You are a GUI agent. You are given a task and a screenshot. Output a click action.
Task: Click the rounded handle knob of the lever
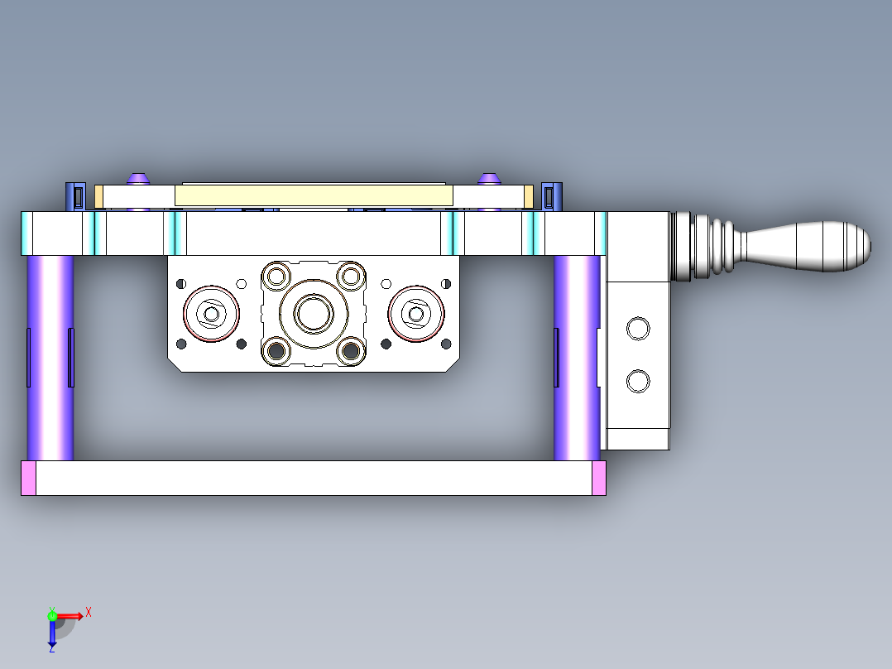tap(808, 247)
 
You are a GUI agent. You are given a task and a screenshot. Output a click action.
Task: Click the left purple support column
tap(50, 358)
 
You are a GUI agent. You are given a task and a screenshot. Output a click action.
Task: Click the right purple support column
tap(577, 358)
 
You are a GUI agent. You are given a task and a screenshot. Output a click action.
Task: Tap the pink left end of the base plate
tap(28, 479)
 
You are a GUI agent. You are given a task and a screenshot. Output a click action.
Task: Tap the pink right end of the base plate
tap(599, 479)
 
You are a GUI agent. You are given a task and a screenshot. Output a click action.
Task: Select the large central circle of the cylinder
tap(314, 314)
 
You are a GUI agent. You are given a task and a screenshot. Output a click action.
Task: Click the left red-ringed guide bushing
tap(211, 314)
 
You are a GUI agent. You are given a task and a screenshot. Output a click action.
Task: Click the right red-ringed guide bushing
tap(416, 314)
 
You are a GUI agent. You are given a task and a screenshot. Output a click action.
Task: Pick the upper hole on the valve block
tap(638, 329)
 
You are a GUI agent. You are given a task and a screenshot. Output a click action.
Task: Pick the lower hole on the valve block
tap(638, 381)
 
